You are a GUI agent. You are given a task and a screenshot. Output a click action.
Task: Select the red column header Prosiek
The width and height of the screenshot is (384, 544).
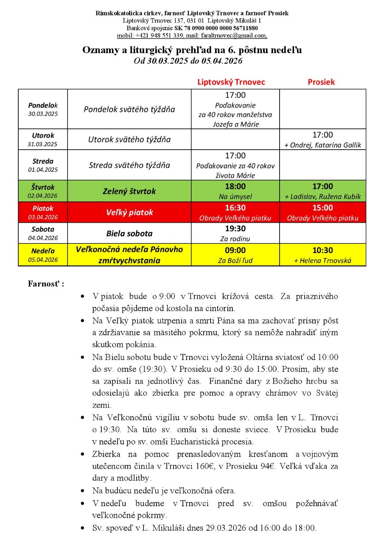pos(321,82)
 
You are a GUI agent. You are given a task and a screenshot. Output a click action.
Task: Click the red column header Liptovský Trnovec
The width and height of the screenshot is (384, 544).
pos(231,82)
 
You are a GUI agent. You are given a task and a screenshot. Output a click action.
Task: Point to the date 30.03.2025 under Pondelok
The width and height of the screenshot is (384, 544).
pos(43,114)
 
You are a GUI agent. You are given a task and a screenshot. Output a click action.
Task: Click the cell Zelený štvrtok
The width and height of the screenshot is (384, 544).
pos(129,191)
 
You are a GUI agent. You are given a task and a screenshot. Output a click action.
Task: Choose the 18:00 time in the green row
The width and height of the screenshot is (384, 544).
pos(235,187)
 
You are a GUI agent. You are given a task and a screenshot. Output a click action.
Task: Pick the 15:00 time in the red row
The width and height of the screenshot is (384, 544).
pos(322,208)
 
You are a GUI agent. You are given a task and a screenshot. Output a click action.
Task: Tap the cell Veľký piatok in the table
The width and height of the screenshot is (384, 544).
pos(129,212)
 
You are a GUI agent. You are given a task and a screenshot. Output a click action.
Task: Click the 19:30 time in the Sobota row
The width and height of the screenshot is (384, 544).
pos(235,229)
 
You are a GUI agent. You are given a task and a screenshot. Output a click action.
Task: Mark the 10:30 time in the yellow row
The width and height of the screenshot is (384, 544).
pos(322,251)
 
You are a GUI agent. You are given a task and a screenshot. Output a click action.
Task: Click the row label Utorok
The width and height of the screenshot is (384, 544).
pos(43,136)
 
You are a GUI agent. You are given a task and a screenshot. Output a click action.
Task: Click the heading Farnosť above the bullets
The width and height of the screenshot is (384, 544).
pos(45,283)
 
